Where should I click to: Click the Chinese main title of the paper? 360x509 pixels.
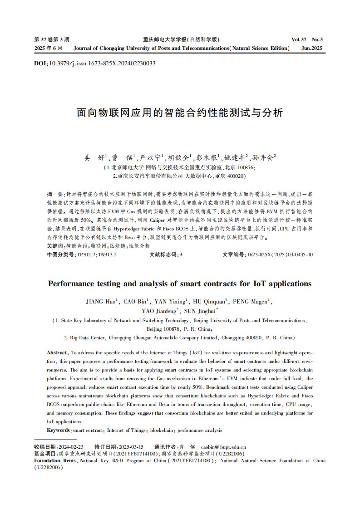pyautogui.click(x=180, y=113)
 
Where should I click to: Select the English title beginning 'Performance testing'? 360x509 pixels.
pyautogui.click(x=180, y=284)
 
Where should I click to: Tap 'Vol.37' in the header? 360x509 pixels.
pyautogui.click(x=301, y=39)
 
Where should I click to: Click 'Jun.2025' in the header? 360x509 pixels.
pyautogui.click(x=312, y=48)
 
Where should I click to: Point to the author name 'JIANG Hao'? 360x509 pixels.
pyautogui.click(x=102, y=301)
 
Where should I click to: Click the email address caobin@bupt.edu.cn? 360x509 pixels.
pyautogui.click(x=223, y=446)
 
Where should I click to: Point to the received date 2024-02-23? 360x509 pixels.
pyautogui.click(x=72, y=446)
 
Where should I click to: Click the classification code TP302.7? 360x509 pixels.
pyautogui.click(x=87, y=255)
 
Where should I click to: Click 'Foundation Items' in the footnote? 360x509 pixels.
pyautogui.click(x=55, y=461)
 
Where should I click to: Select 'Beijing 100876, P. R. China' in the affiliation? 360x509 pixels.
pyautogui.click(x=180, y=329)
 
